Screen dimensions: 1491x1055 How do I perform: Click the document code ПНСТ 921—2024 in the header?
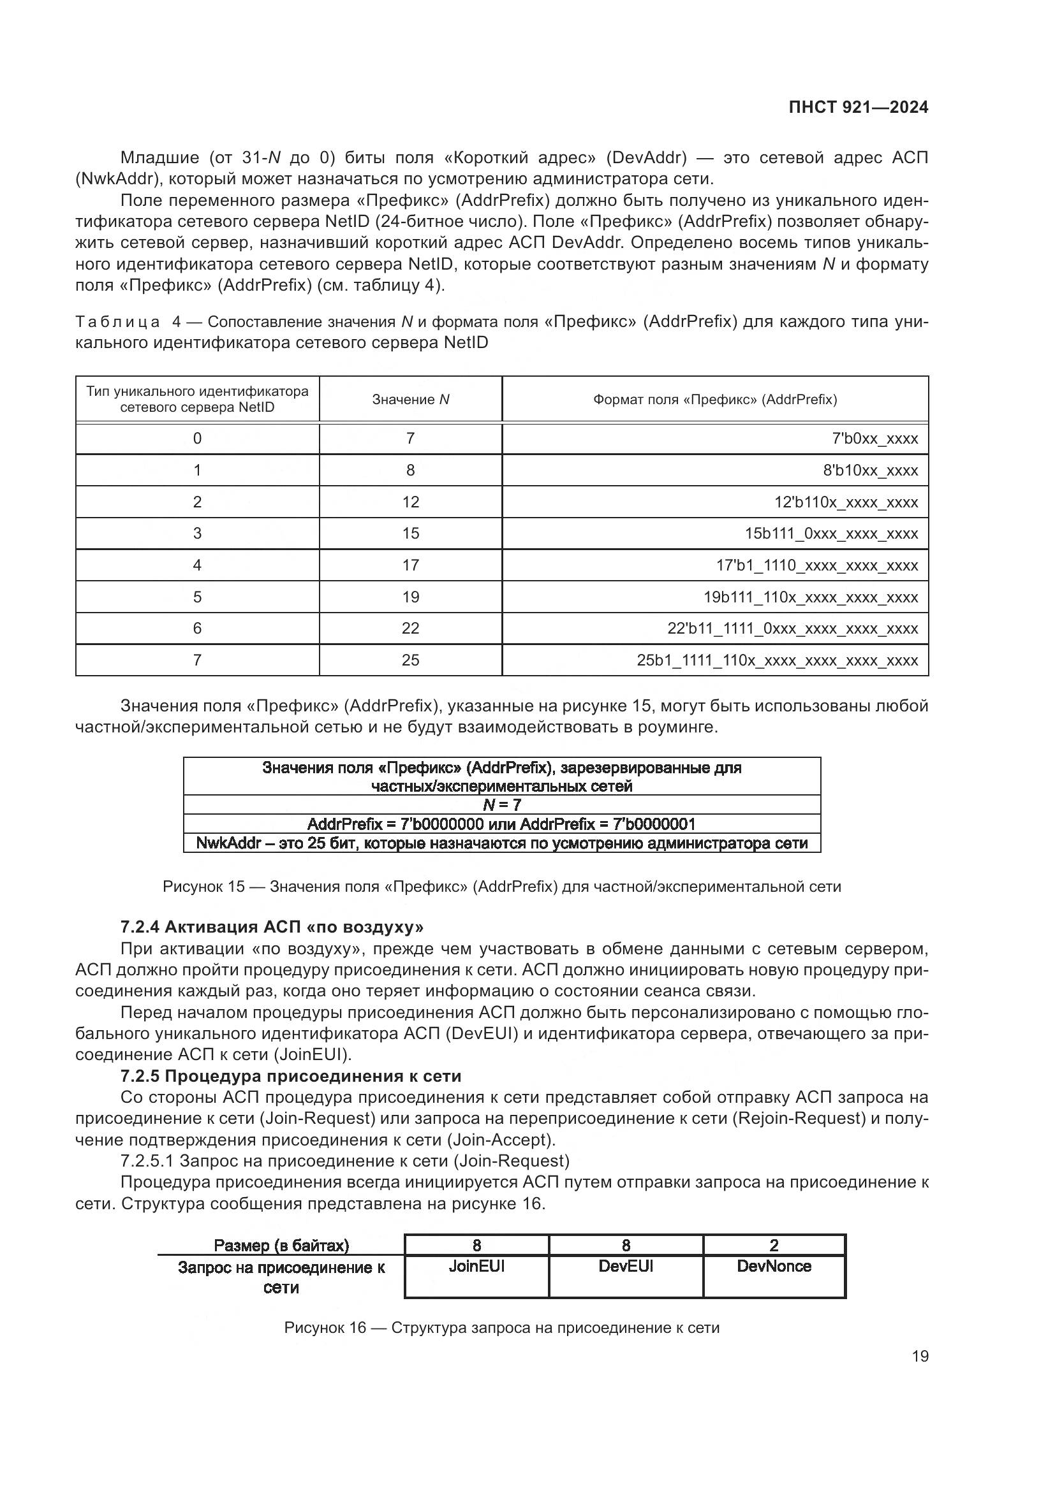(x=858, y=107)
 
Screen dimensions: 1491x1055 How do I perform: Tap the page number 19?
(x=920, y=1356)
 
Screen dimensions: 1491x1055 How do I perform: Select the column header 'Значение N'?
(x=411, y=400)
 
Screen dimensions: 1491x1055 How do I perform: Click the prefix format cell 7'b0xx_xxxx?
(x=874, y=439)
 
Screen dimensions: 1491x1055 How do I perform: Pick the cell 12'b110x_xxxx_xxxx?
(x=846, y=502)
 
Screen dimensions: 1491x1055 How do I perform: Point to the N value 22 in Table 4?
(x=411, y=629)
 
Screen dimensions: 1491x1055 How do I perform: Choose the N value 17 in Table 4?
(x=411, y=565)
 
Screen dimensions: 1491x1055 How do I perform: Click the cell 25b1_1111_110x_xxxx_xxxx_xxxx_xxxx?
(x=777, y=661)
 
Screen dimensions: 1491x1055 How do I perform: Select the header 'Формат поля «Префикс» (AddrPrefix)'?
(x=714, y=400)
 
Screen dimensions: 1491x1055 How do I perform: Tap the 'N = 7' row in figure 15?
(x=501, y=805)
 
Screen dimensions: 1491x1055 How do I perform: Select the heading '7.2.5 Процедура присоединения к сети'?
(x=290, y=1076)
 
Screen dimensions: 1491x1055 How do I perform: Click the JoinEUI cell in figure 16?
(x=476, y=1267)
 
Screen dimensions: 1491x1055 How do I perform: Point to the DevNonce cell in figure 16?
(x=774, y=1267)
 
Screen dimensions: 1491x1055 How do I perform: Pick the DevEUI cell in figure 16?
(x=626, y=1267)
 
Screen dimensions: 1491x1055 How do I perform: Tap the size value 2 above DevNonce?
(x=774, y=1245)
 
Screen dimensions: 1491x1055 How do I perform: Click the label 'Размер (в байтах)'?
(x=281, y=1246)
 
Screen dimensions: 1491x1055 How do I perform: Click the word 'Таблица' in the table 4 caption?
(x=117, y=322)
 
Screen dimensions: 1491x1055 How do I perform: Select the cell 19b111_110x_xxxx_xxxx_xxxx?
(x=811, y=597)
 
